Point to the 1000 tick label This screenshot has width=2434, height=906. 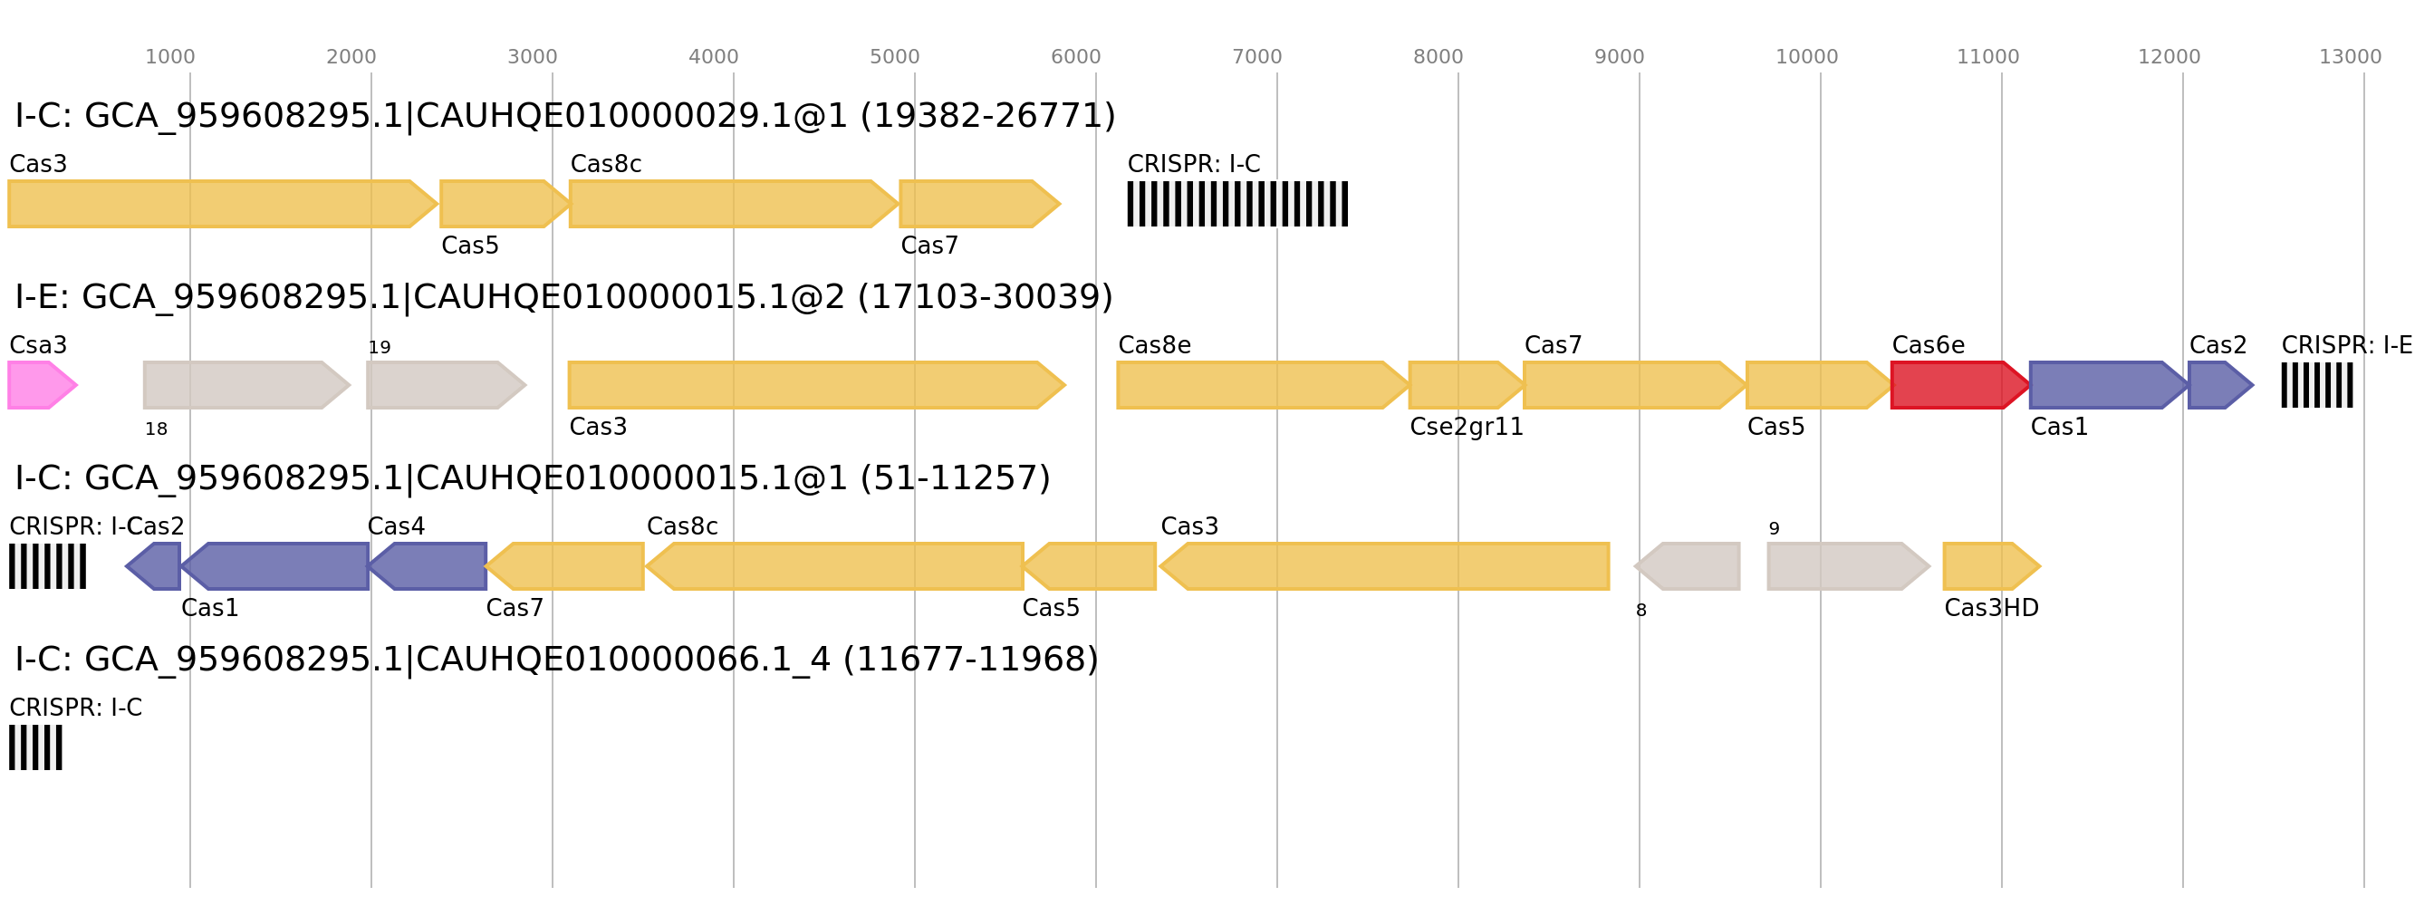pos(170,58)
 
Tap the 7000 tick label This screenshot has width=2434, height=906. pos(1256,58)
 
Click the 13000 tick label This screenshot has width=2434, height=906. pos(2350,58)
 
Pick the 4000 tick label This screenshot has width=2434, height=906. pos(714,58)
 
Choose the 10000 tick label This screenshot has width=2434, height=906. pos(1806,58)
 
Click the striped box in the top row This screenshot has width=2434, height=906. pos(1236,204)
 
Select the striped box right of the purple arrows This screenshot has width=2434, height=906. pos(2317,384)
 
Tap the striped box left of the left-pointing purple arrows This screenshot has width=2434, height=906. pos(47,566)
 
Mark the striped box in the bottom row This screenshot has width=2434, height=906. pos(36,747)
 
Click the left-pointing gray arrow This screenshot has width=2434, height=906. pos(1688,566)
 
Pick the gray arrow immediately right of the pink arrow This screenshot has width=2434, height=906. pos(245,384)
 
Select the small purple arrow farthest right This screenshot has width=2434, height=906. pos(2219,384)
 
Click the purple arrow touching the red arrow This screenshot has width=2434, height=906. pos(2106,384)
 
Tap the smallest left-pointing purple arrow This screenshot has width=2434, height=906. pos(155,566)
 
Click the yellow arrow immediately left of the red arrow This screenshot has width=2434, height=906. pos(1816,384)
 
